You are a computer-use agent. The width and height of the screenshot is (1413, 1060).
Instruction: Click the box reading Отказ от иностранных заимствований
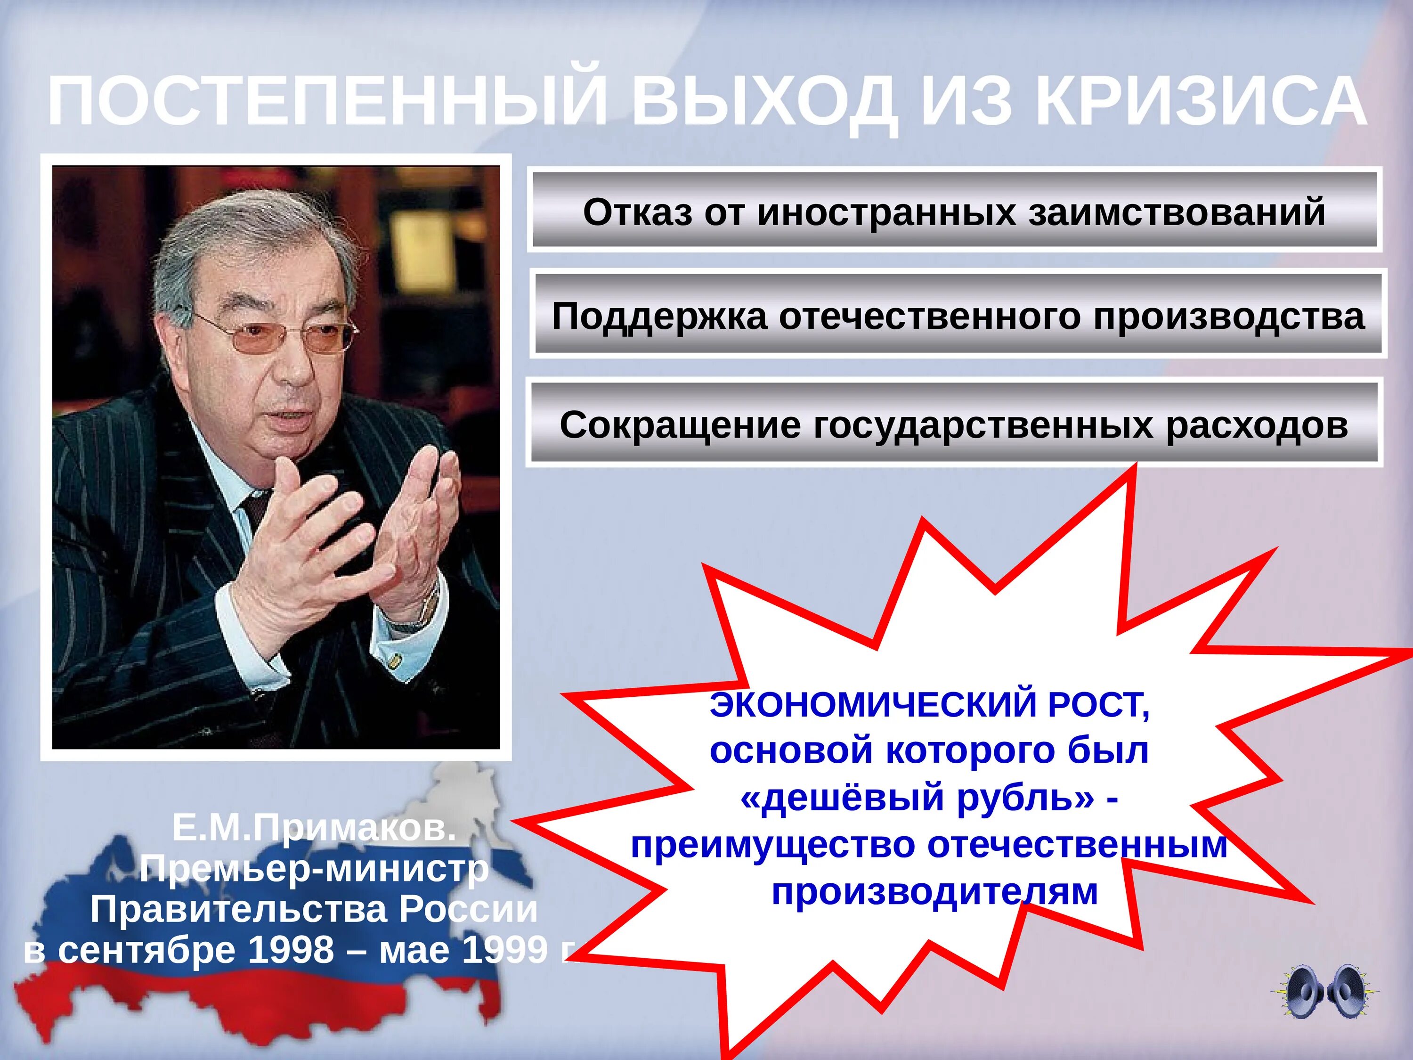954,212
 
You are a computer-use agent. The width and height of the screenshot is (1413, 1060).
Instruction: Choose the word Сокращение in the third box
680,425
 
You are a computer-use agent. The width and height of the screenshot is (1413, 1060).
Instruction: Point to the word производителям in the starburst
934,891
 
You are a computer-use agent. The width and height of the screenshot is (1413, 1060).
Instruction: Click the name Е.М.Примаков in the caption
314,829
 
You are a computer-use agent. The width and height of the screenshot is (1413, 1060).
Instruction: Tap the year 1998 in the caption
291,950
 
